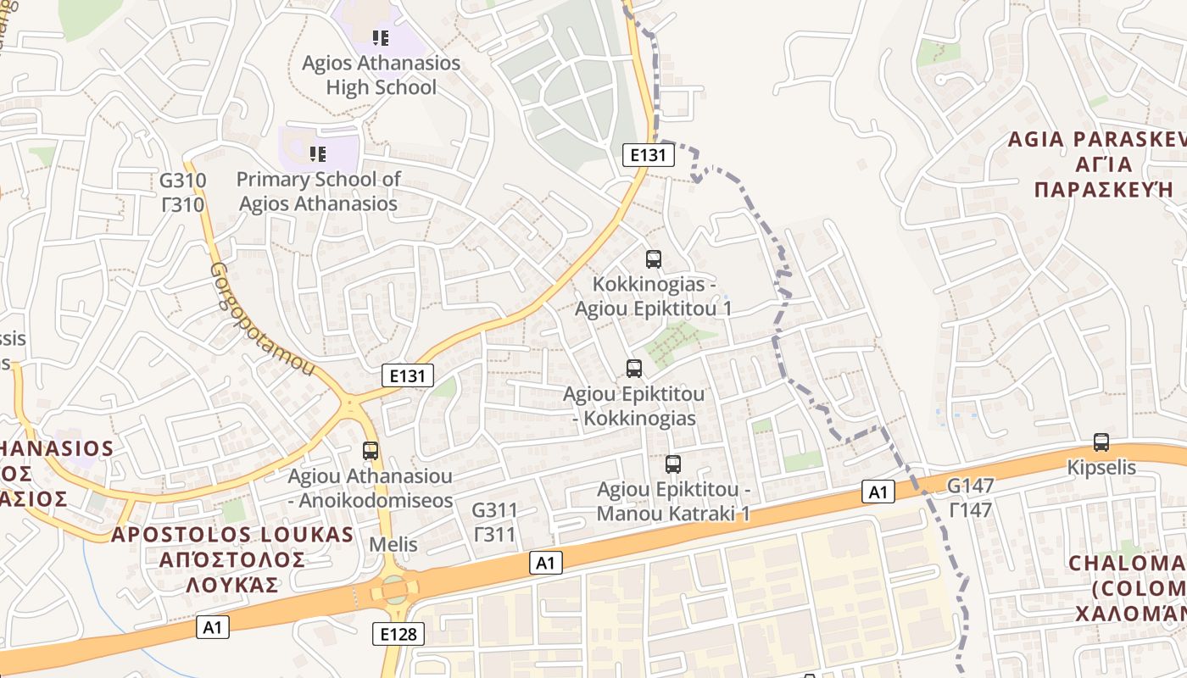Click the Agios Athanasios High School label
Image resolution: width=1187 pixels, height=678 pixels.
pyautogui.click(x=381, y=75)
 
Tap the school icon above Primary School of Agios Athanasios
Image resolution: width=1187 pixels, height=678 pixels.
pyautogui.click(x=318, y=153)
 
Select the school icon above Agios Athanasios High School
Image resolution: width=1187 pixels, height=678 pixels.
pyautogui.click(x=381, y=37)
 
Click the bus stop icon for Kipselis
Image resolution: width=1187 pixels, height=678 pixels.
pyautogui.click(x=1101, y=442)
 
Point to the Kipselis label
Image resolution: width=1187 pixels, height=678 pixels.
pyautogui.click(x=1101, y=467)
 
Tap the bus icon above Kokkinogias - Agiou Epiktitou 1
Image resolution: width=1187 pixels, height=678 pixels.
pyautogui.click(x=653, y=259)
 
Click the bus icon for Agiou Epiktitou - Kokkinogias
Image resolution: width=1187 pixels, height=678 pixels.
pyautogui.click(x=634, y=368)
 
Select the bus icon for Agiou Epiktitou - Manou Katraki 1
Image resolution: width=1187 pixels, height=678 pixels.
pyautogui.click(x=673, y=464)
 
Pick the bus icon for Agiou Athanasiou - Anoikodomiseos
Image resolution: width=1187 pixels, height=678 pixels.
pyautogui.click(x=371, y=450)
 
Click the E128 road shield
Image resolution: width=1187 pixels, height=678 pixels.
pyautogui.click(x=398, y=633)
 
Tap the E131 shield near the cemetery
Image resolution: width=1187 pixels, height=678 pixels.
pyautogui.click(x=649, y=154)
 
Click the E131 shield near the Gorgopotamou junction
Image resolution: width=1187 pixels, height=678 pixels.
pyautogui.click(x=408, y=375)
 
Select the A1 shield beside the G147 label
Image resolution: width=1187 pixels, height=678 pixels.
pyautogui.click(x=878, y=491)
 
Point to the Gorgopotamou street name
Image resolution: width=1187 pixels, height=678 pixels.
pyautogui.click(x=261, y=319)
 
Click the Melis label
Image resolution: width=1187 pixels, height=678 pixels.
pyautogui.click(x=393, y=543)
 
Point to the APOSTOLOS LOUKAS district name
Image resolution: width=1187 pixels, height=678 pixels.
pyautogui.click(x=232, y=535)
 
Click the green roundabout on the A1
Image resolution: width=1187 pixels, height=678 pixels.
pyautogui.click(x=394, y=587)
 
